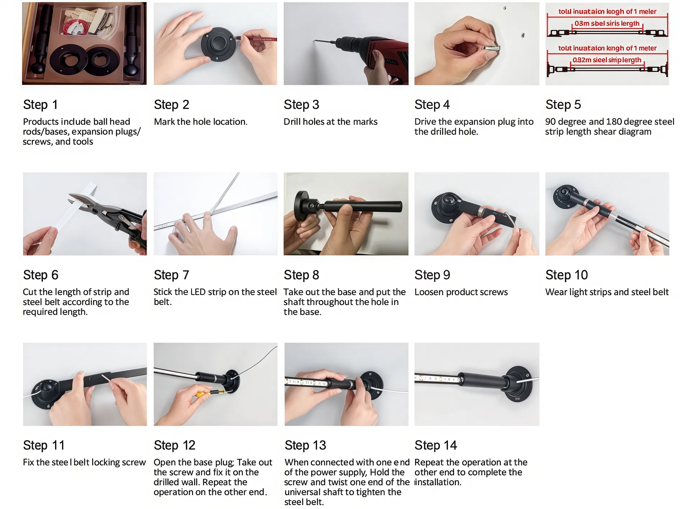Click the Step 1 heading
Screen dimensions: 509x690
click(x=40, y=105)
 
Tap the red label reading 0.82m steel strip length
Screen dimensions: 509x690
click(x=607, y=60)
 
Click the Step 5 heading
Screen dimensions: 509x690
click(x=563, y=105)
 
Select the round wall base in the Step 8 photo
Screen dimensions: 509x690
click(x=301, y=206)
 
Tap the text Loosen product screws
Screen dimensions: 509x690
click(x=461, y=292)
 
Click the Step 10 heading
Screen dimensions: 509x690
click(x=566, y=275)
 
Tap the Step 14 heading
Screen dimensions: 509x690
click(x=435, y=445)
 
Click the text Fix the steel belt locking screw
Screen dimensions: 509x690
click(x=84, y=462)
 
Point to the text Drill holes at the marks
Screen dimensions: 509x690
click(x=330, y=122)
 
